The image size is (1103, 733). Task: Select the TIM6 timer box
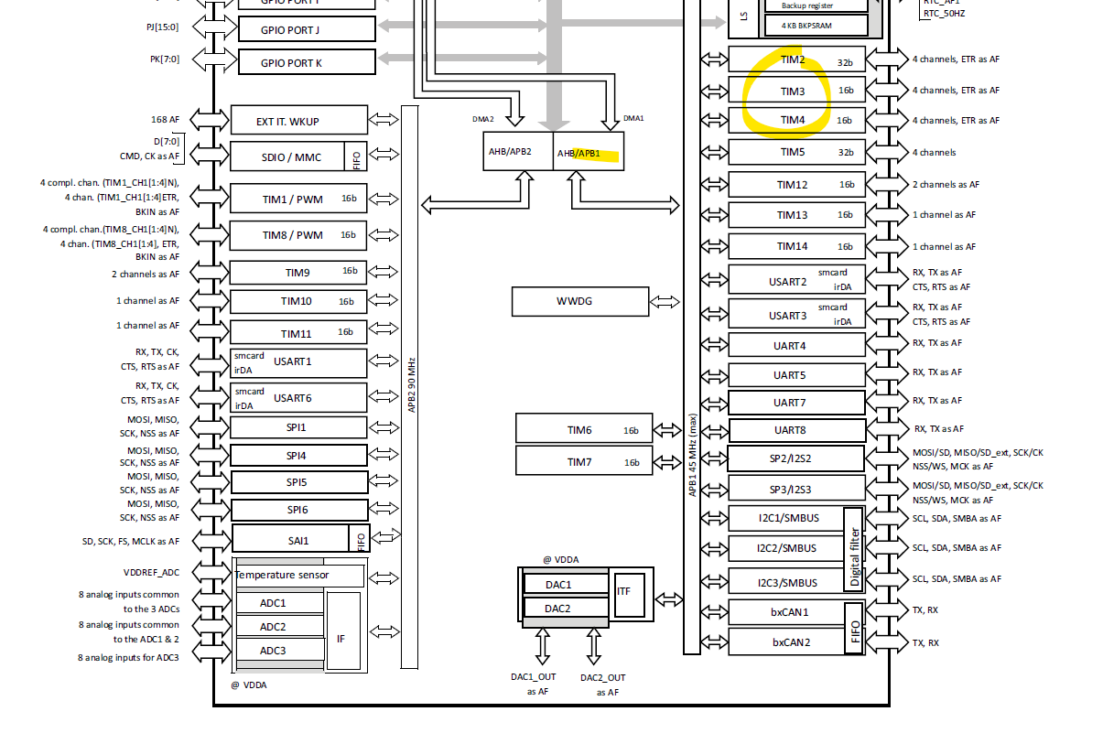584,428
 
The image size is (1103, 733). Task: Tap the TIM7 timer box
584,460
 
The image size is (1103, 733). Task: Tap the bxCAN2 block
785,642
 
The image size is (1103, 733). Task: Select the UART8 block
796,429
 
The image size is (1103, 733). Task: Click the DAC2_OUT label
602,678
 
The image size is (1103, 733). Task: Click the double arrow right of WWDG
664,301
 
